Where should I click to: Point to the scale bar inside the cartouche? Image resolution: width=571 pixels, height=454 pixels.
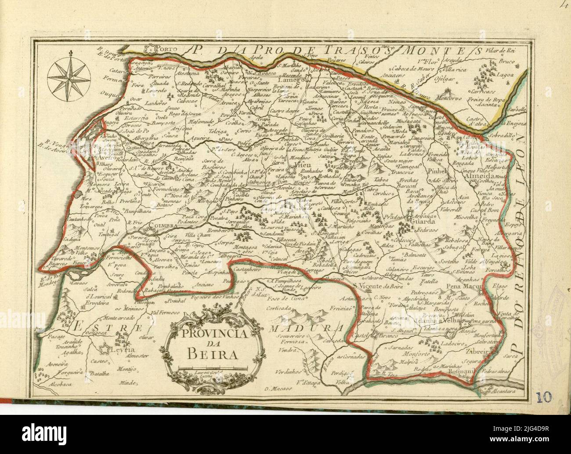point(213,367)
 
